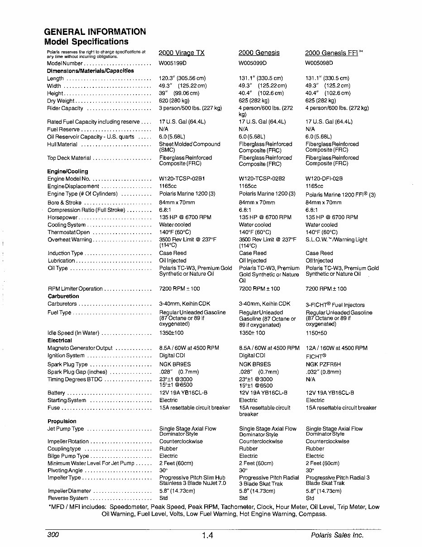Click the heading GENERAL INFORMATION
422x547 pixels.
click(x=95, y=32)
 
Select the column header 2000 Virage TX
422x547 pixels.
click(x=182, y=53)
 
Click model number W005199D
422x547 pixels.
click(x=173, y=63)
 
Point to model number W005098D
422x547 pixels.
click(x=319, y=63)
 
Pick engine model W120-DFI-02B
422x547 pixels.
click(x=324, y=179)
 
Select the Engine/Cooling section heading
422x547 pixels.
click(x=67, y=172)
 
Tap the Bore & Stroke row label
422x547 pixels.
click(x=64, y=202)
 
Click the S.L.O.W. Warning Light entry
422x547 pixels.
click(x=336, y=240)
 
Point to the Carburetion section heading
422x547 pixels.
click(x=63, y=296)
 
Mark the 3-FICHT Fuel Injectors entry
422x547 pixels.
click(x=335, y=305)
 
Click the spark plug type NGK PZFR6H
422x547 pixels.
click(x=323, y=364)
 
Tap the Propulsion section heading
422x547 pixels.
click(x=62, y=421)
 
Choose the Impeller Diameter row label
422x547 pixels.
click(x=69, y=491)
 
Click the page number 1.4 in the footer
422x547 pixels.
click(x=207, y=536)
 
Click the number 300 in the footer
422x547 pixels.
click(x=53, y=535)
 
